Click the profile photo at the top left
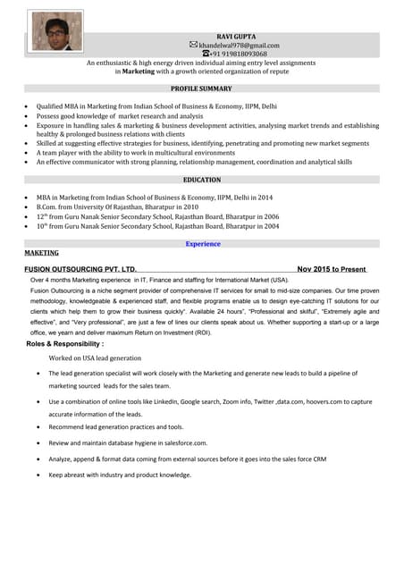click(56, 30)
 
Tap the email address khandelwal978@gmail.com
click(239, 45)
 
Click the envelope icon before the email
click(194, 45)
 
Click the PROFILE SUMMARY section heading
click(201, 89)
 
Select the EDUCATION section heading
click(202, 180)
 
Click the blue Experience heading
click(203, 243)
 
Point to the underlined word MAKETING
click(41, 253)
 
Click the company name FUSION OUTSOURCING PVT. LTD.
click(80, 269)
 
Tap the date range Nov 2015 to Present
click(331, 269)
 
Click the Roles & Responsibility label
click(65, 343)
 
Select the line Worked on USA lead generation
click(95, 357)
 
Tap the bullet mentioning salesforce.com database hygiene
click(128, 442)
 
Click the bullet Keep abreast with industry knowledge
click(120, 475)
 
